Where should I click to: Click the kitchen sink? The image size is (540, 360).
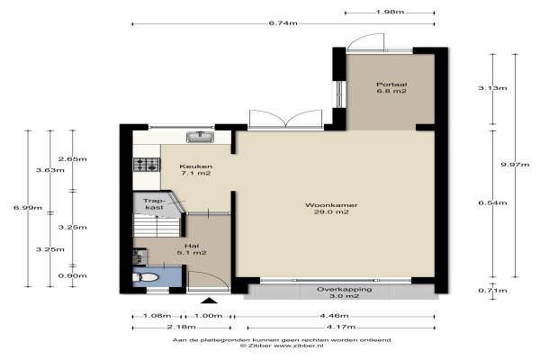[200, 137]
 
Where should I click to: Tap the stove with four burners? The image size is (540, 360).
[147, 165]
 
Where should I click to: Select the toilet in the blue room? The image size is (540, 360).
[146, 277]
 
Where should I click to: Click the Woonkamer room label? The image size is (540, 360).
[331, 209]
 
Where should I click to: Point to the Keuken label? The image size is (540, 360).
[195, 170]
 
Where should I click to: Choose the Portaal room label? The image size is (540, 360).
[391, 87]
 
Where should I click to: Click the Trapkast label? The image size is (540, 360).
[154, 204]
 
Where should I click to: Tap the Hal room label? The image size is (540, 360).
[192, 249]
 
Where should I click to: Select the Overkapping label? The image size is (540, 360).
[345, 292]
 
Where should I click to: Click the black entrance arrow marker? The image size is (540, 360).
[210, 301]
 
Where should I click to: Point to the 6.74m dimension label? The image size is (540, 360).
[283, 23]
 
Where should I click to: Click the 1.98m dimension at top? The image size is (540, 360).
[390, 13]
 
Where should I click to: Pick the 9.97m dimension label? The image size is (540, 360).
[515, 165]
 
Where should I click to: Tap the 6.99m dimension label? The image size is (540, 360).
[28, 207]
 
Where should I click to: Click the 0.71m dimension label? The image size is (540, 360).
[492, 291]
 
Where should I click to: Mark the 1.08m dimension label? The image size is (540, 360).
[157, 316]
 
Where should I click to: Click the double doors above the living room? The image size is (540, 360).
[285, 119]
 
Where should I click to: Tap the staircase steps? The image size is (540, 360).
[157, 225]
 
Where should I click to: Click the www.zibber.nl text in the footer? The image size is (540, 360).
[298, 346]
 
